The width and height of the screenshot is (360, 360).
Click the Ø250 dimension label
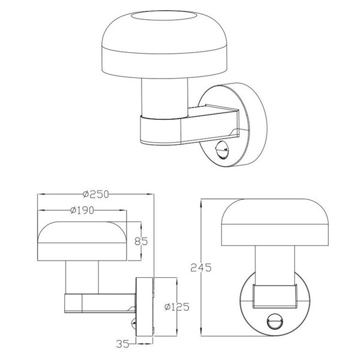click(x=95, y=194)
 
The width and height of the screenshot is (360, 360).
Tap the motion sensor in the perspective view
click(x=223, y=148)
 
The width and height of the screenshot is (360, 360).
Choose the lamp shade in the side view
click(x=82, y=241)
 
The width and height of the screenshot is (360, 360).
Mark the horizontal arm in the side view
click(x=99, y=303)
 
